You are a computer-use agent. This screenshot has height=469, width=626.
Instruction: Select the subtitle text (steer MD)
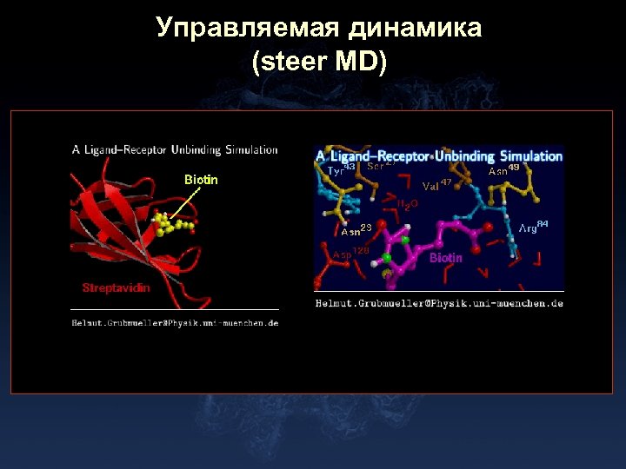pyautogui.click(x=319, y=63)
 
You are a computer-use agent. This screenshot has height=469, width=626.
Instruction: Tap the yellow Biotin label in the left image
pyautogui.click(x=201, y=180)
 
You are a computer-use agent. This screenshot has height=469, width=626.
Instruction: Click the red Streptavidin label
pyautogui.click(x=116, y=287)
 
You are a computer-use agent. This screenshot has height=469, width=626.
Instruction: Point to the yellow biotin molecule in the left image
pyautogui.click(x=173, y=227)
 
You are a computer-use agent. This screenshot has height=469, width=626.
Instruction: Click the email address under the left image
pyautogui.click(x=175, y=323)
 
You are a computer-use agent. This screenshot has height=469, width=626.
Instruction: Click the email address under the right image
pyautogui.click(x=438, y=303)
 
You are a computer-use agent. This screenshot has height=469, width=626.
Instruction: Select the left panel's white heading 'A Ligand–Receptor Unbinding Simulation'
pyautogui.click(x=175, y=149)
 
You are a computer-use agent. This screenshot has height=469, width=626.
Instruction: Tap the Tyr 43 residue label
pyautogui.click(x=340, y=170)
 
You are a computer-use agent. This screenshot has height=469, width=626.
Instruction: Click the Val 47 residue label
pyautogui.click(x=436, y=184)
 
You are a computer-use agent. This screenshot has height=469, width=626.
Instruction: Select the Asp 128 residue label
pyautogui.click(x=350, y=254)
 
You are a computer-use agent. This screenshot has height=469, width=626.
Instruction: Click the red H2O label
pyautogui.click(x=408, y=204)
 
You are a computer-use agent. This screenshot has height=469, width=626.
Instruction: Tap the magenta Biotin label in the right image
pyautogui.click(x=446, y=258)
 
